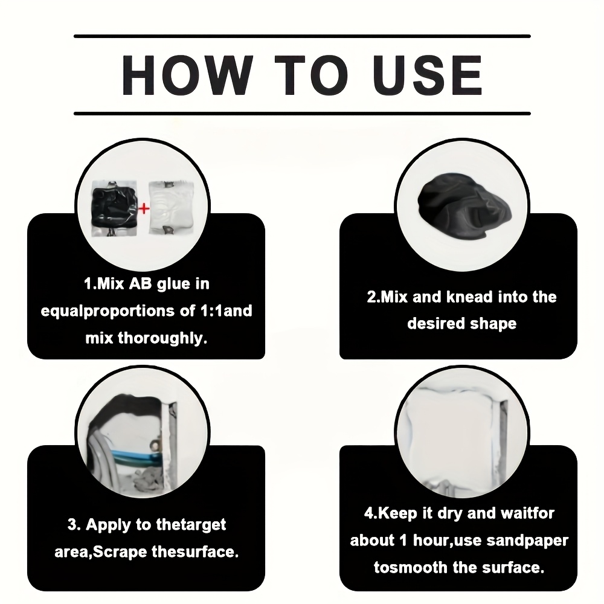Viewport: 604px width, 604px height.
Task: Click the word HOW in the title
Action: click(188, 75)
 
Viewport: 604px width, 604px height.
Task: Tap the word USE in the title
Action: click(427, 75)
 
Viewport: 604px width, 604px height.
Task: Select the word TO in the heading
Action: click(312, 75)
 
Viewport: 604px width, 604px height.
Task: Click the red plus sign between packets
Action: click(144, 209)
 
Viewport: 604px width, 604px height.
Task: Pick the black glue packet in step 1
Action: click(114, 208)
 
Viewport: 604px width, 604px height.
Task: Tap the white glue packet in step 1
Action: click(172, 208)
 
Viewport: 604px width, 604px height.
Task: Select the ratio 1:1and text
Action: click(226, 310)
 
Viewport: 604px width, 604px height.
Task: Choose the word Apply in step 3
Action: click(108, 525)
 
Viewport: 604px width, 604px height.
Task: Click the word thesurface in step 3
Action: click(195, 552)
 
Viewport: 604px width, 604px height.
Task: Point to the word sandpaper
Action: click(527, 541)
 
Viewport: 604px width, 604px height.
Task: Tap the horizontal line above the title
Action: click(302, 36)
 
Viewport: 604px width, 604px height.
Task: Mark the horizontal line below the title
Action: click(302, 114)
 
